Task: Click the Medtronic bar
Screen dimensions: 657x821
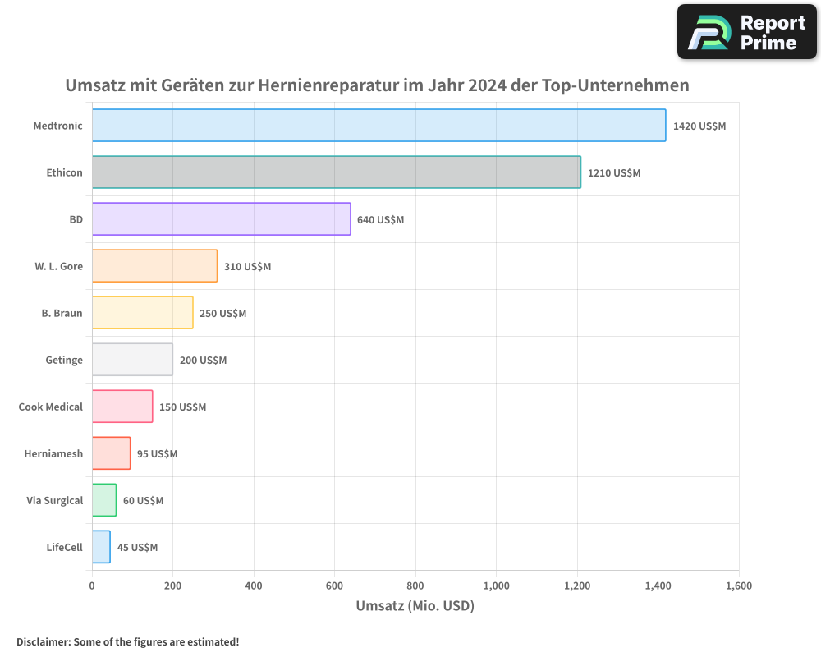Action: (x=378, y=126)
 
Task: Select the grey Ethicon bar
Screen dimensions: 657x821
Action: (x=336, y=172)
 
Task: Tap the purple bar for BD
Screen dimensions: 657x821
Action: (x=221, y=219)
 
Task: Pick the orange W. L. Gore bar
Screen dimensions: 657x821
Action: (x=154, y=266)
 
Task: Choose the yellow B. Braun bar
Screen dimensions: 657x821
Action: (x=142, y=313)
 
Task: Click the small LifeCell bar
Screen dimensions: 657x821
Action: (x=101, y=547)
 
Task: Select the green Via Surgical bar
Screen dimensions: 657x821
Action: (x=104, y=500)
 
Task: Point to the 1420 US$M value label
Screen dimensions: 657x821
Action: (x=699, y=126)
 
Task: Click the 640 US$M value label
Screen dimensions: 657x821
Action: (x=380, y=220)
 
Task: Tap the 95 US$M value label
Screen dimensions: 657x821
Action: (x=157, y=454)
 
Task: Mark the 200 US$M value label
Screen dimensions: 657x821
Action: (x=203, y=361)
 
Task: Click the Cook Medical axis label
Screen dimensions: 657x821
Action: (x=50, y=407)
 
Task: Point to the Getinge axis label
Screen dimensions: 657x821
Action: (x=64, y=360)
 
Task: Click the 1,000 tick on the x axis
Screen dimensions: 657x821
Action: (x=497, y=586)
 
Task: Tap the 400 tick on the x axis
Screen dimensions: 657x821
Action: (x=254, y=586)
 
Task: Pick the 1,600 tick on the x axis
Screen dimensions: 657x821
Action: (x=738, y=586)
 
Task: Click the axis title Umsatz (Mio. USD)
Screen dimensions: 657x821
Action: (x=415, y=606)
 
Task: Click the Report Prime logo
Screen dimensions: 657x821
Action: (x=746, y=32)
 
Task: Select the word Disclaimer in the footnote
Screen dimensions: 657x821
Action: (x=43, y=642)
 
